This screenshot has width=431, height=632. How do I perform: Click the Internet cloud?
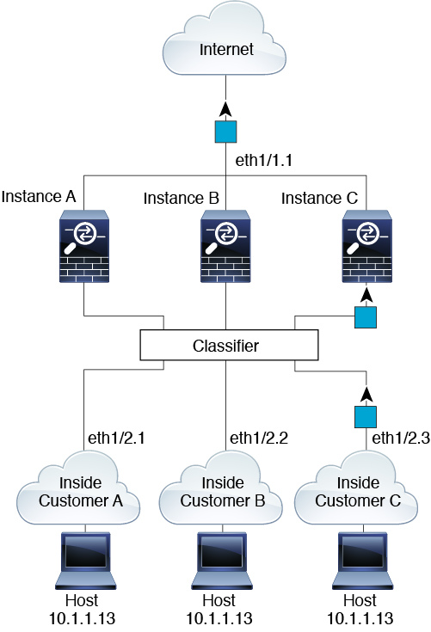click(225, 40)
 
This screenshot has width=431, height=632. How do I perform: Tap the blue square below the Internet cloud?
click(225, 132)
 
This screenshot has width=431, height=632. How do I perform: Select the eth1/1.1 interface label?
click(264, 161)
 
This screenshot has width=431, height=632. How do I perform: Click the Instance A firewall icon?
click(84, 246)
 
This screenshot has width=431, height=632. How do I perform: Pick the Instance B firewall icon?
click(225, 246)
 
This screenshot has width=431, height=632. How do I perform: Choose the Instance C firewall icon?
click(366, 246)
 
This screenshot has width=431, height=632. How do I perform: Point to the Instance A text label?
click(39, 197)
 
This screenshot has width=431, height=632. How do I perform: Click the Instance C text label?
click(319, 199)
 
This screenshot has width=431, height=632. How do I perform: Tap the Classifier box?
click(229, 345)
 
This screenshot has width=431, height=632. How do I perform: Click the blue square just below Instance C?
click(366, 317)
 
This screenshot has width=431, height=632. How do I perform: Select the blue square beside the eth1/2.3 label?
click(366, 417)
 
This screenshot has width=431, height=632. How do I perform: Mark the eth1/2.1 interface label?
click(116, 439)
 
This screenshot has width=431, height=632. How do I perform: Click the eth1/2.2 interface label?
click(259, 439)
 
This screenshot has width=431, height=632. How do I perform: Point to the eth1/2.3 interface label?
click(401, 439)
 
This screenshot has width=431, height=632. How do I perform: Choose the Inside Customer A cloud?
click(78, 489)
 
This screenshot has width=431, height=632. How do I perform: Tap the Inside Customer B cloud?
click(221, 489)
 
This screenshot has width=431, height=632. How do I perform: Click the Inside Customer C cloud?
click(356, 489)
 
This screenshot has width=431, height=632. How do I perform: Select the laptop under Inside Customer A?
click(85, 561)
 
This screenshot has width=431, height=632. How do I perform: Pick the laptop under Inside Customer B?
click(222, 561)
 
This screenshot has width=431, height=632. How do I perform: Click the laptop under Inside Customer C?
click(362, 561)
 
